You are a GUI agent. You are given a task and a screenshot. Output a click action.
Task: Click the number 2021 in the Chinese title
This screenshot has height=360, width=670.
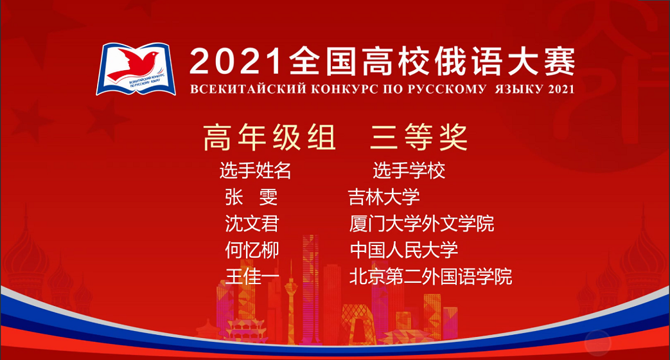pyautogui.click(x=236, y=62)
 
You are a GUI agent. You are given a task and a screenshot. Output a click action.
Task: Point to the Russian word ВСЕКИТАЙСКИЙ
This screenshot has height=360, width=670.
pyautogui.click(x=248, y=89)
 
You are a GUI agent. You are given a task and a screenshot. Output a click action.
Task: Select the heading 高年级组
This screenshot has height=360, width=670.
pyautogui.click(x=269, y=137)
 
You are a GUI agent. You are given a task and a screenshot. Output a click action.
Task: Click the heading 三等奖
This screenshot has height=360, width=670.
pyautogui.click(x=419, y=137)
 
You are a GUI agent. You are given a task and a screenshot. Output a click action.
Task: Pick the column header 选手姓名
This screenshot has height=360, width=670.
pyautogui.click(x=256, y=170)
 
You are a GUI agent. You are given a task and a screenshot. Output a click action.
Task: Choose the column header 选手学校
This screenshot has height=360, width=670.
pyautogui.click(x=409, y=170)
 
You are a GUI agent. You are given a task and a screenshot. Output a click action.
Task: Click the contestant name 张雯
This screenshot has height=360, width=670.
pyautogui.click(x=251, y=197)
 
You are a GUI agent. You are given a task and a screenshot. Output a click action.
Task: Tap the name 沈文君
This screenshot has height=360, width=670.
pyautogui.click(x=252, y=224)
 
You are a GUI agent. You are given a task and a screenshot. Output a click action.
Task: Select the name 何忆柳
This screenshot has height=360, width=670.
pyautogui.click(x=252, y=250)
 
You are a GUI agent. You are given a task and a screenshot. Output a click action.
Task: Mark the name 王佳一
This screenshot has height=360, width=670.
pyautogui.click(x=252, y=276)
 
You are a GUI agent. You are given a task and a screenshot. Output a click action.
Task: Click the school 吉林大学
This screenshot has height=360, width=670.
pyautogui.click(x=383, y=197)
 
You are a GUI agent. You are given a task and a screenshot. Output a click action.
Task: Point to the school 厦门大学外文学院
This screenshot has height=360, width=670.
pyautogui.click(x=421, y=224)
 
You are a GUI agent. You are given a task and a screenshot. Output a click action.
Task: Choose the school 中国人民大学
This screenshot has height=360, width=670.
pyautogui.click(x=404, y=250)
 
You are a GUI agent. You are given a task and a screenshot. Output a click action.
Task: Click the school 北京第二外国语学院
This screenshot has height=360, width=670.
pyautogui.click(x=430, y=276)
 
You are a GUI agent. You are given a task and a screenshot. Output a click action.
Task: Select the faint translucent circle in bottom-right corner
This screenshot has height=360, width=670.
pyautogui.click(x=598, y=343)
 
